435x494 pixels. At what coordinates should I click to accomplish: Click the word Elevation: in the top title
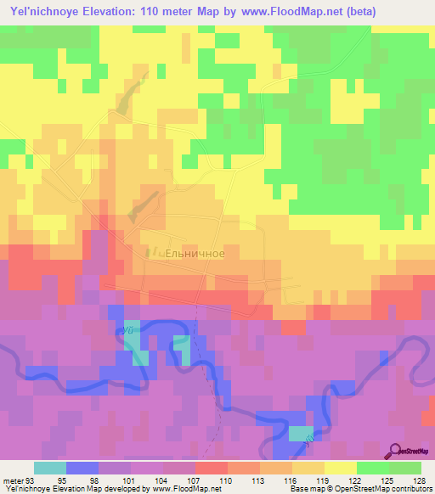tap(119, 11)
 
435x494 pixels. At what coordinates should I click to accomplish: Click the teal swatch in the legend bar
tap(50, 468)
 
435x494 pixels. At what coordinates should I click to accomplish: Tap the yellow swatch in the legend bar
tap(341, 468)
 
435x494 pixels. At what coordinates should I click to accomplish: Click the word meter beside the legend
tap(12, 480)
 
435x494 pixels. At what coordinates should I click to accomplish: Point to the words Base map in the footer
tap(304, 489)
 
